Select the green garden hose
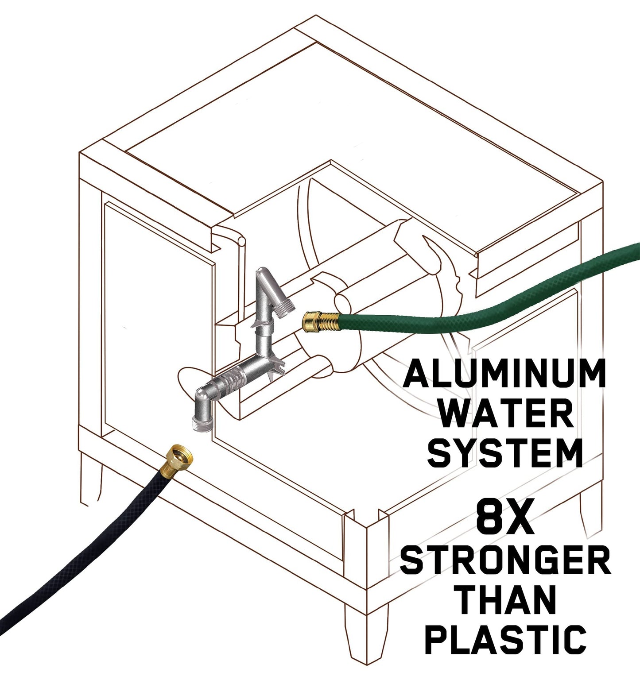tap(487, 301)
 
